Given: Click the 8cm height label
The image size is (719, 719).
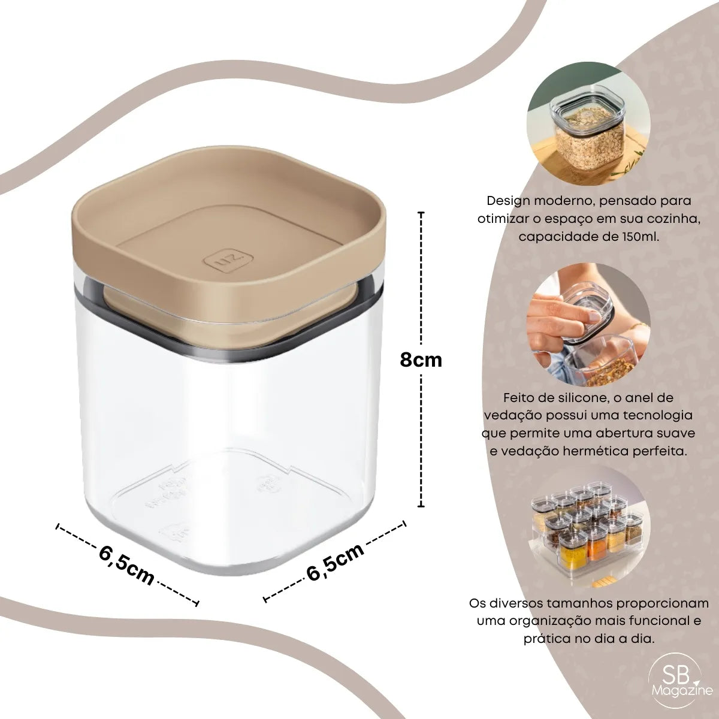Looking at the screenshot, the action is tap(421, 361).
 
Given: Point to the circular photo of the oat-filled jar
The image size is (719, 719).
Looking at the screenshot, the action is tap(588, 123).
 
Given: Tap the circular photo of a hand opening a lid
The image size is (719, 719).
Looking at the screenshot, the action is tap(588, 324).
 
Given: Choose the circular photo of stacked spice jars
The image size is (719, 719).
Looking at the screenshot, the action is tap(588, 528).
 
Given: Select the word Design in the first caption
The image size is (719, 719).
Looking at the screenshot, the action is tap(508, 201).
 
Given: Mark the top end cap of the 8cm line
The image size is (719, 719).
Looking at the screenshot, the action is tap(421, 213).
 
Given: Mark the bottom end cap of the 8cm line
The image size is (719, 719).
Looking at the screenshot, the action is tap(421, 506).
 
